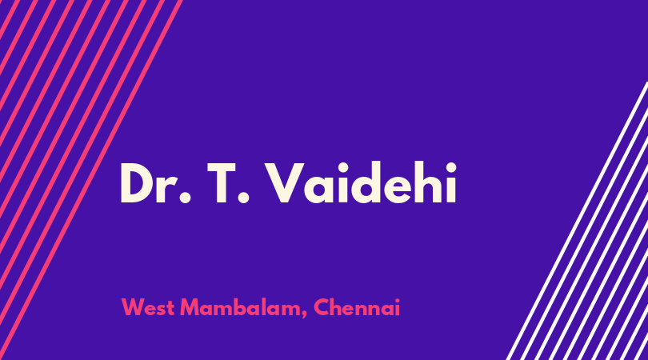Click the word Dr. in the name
click(156, 182)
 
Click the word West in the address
click(147, 307)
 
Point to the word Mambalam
click(241, 307)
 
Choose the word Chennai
click(357, 307)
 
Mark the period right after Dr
click(186, 198)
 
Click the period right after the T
click(244, 198)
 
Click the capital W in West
click(134, 307)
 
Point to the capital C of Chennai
click(322, 307)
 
